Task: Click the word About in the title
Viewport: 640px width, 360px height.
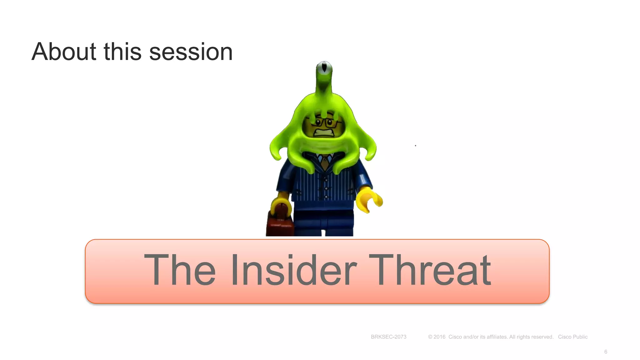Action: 64,52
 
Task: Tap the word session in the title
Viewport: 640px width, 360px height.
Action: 191,52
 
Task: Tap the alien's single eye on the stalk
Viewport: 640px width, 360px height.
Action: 324,68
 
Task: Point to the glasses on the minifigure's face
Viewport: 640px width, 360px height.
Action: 325,122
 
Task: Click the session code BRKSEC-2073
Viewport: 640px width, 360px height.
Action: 388,337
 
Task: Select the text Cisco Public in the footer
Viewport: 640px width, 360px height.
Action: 572,337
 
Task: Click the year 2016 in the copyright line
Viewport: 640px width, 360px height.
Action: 439,337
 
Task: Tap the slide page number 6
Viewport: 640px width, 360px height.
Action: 606,352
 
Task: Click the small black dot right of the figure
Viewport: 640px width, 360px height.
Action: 415,146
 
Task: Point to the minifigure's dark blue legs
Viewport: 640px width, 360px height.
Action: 324,222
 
